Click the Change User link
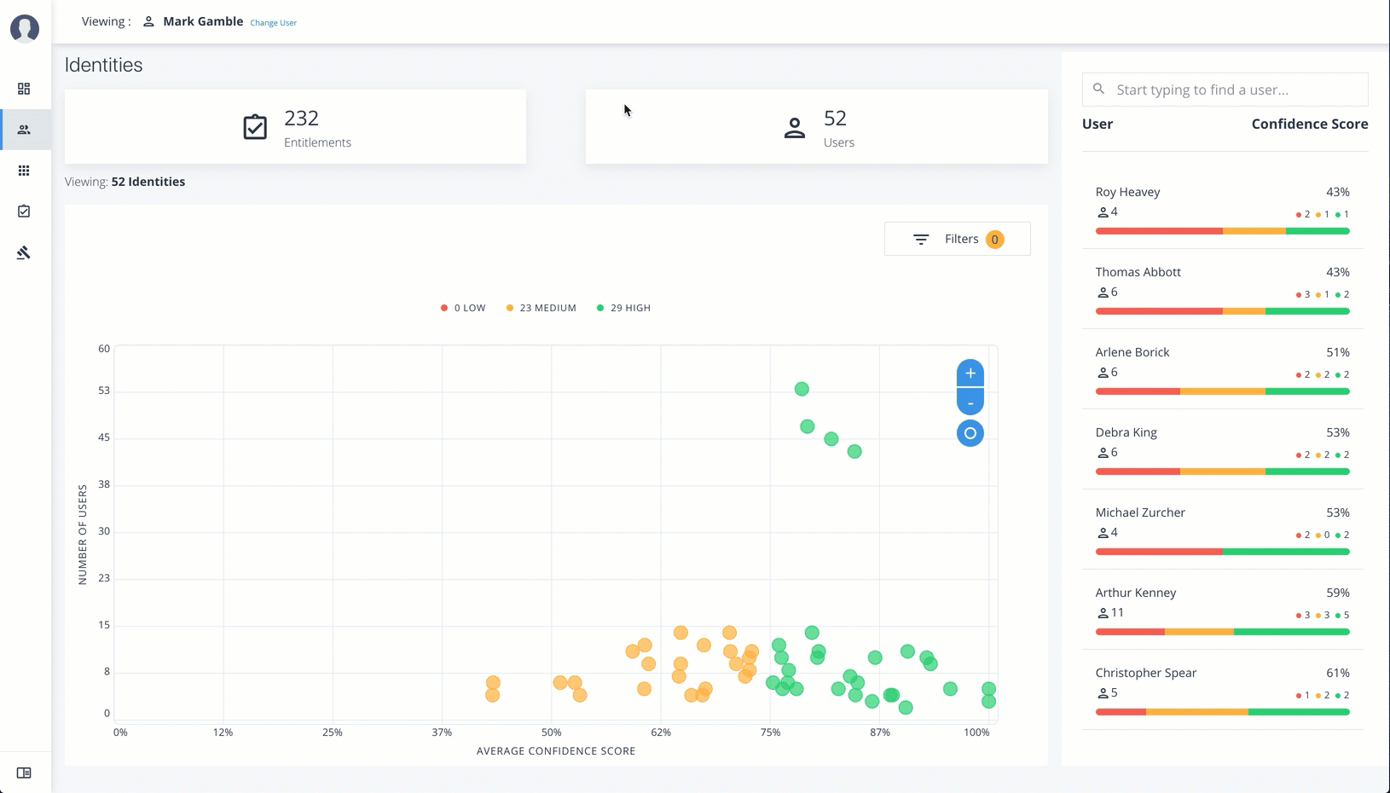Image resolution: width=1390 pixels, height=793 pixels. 273,23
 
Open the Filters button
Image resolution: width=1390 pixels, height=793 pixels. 957,239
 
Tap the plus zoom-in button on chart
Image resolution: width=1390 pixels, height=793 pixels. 970,373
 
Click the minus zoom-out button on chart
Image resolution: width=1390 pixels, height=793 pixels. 970,402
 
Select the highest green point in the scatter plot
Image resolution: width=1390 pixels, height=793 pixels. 802,389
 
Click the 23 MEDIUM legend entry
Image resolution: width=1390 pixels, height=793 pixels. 542,308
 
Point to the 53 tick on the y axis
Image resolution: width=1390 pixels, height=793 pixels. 104,391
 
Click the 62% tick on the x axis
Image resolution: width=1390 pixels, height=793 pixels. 661,732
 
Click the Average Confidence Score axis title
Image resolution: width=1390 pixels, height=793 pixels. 556,751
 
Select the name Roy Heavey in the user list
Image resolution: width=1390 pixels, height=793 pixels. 1127,192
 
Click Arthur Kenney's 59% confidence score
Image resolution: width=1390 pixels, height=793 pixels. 1337,593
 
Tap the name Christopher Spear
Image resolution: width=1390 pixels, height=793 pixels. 1145,673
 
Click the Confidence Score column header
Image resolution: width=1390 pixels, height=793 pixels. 1309,124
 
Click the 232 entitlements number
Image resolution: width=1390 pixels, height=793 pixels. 301,119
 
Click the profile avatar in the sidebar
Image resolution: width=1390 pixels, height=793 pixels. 25,28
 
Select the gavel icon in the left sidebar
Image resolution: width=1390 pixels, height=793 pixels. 24,252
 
